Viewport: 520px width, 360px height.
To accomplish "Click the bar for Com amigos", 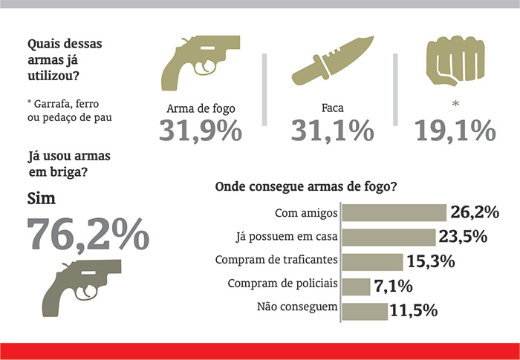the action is coord(394,213).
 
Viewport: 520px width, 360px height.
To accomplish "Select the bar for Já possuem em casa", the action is coord(389,238).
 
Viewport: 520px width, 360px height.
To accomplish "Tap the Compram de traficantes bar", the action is coord(372,262).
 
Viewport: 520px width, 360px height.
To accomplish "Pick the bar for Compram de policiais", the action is coord(356,287).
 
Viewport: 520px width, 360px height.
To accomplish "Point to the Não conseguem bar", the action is coord(365,311).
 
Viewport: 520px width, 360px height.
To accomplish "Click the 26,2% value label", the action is coord(475,212).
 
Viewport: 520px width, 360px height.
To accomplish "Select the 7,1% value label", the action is coord(393,286).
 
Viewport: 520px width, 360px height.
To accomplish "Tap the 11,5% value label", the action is coord(414,310).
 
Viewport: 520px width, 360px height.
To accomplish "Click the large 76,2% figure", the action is coord(88,234).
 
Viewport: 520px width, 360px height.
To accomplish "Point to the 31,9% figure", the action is coord(201,131).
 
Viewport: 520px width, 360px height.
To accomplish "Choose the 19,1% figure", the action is coord(455,131).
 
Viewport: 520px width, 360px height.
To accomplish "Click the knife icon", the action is coord(333,60).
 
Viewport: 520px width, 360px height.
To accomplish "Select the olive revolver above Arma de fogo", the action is coord(201,62).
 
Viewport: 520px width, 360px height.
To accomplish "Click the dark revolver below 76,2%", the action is coord(82,288).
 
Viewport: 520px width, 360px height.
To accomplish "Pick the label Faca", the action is coord(332,108).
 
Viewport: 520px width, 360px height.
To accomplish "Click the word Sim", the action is coord(41,199).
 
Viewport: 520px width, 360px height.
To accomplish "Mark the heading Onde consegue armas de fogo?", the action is coord(306,187).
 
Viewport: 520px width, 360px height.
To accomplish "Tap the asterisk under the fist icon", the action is coord(455,104).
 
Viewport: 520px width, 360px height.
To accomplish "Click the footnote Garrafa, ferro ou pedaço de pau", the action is coord(70,111).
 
